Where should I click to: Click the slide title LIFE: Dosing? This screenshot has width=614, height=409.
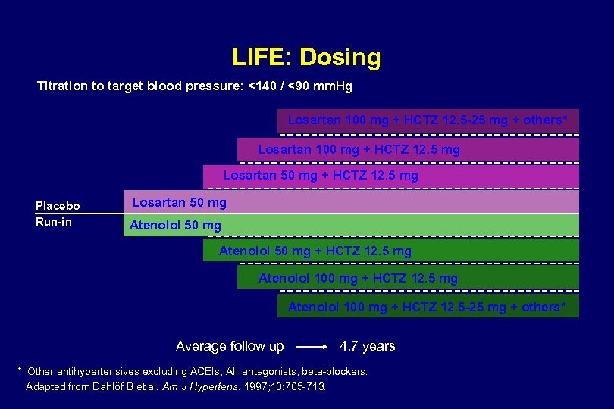point(306,57)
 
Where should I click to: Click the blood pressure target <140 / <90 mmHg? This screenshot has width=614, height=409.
point(300,86)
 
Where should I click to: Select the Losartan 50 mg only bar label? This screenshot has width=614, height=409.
point(179,202)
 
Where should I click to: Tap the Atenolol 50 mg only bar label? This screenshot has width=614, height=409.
point(175,225)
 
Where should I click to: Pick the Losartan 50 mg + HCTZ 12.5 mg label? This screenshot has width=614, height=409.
point(320,176)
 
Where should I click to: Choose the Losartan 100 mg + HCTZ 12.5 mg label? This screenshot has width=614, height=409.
point(359,149)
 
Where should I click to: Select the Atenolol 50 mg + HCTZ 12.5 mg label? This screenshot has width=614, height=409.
point(315,251)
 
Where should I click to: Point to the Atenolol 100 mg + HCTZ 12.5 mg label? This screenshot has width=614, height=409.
point(358,278)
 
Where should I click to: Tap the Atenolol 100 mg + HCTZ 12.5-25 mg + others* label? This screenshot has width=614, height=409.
point(426,307)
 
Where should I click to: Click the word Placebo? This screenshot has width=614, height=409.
point(58,206)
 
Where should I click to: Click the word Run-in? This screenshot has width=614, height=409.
point(54,222)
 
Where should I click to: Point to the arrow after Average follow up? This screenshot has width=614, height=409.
point(312,347)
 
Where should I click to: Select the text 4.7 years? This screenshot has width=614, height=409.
point(367,346)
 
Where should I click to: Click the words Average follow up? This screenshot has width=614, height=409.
point(230,346)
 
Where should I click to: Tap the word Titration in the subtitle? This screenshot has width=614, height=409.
point(62,86)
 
